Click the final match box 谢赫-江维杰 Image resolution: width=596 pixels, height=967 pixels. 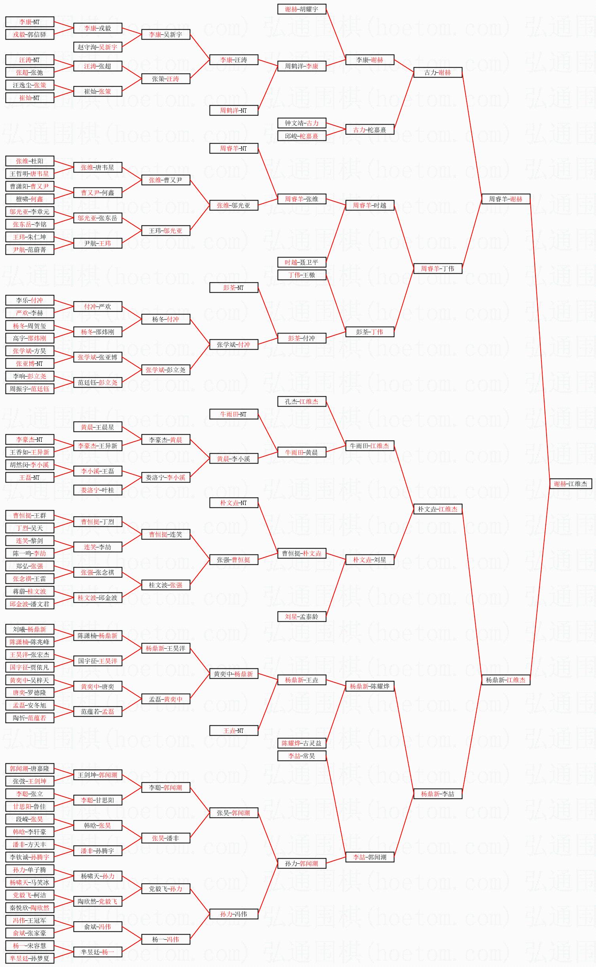(x=570, y=484)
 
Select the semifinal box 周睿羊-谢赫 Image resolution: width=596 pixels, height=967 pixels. (x=505, y=199)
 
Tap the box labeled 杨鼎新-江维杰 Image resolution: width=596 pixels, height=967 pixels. (x=505, y=680)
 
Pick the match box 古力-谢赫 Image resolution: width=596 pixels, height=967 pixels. (x=437, y=72)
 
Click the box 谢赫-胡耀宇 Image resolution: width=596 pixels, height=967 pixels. (x=301, y=9)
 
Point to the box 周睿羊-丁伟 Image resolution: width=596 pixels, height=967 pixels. (x=437, y=269)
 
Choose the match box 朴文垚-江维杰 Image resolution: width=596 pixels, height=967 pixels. (x=437, y=509)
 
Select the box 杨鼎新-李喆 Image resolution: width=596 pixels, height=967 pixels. (x=437, y=794)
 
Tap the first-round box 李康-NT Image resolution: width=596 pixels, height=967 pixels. (x=30, y=22)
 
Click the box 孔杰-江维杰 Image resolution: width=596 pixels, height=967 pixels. (x=301, y=401)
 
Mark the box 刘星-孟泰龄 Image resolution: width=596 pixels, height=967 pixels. (x=301, y=617)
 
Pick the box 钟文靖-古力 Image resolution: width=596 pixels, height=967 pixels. (x=301, y=123)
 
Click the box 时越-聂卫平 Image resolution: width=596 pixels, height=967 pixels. (x=301, y=262)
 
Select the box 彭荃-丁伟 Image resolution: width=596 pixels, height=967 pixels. (x=369, y=332)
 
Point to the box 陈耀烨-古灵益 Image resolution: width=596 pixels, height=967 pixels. (x=301, y=743)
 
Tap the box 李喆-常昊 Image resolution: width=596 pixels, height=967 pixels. (x=301, y=756)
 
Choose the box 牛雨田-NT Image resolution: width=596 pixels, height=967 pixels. (x=233, y=414)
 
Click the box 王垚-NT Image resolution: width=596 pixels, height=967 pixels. (x=233, y=730)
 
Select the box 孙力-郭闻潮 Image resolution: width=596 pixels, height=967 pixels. (x=301, y=863)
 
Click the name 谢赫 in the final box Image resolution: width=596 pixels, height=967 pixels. (x=560, y=484)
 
